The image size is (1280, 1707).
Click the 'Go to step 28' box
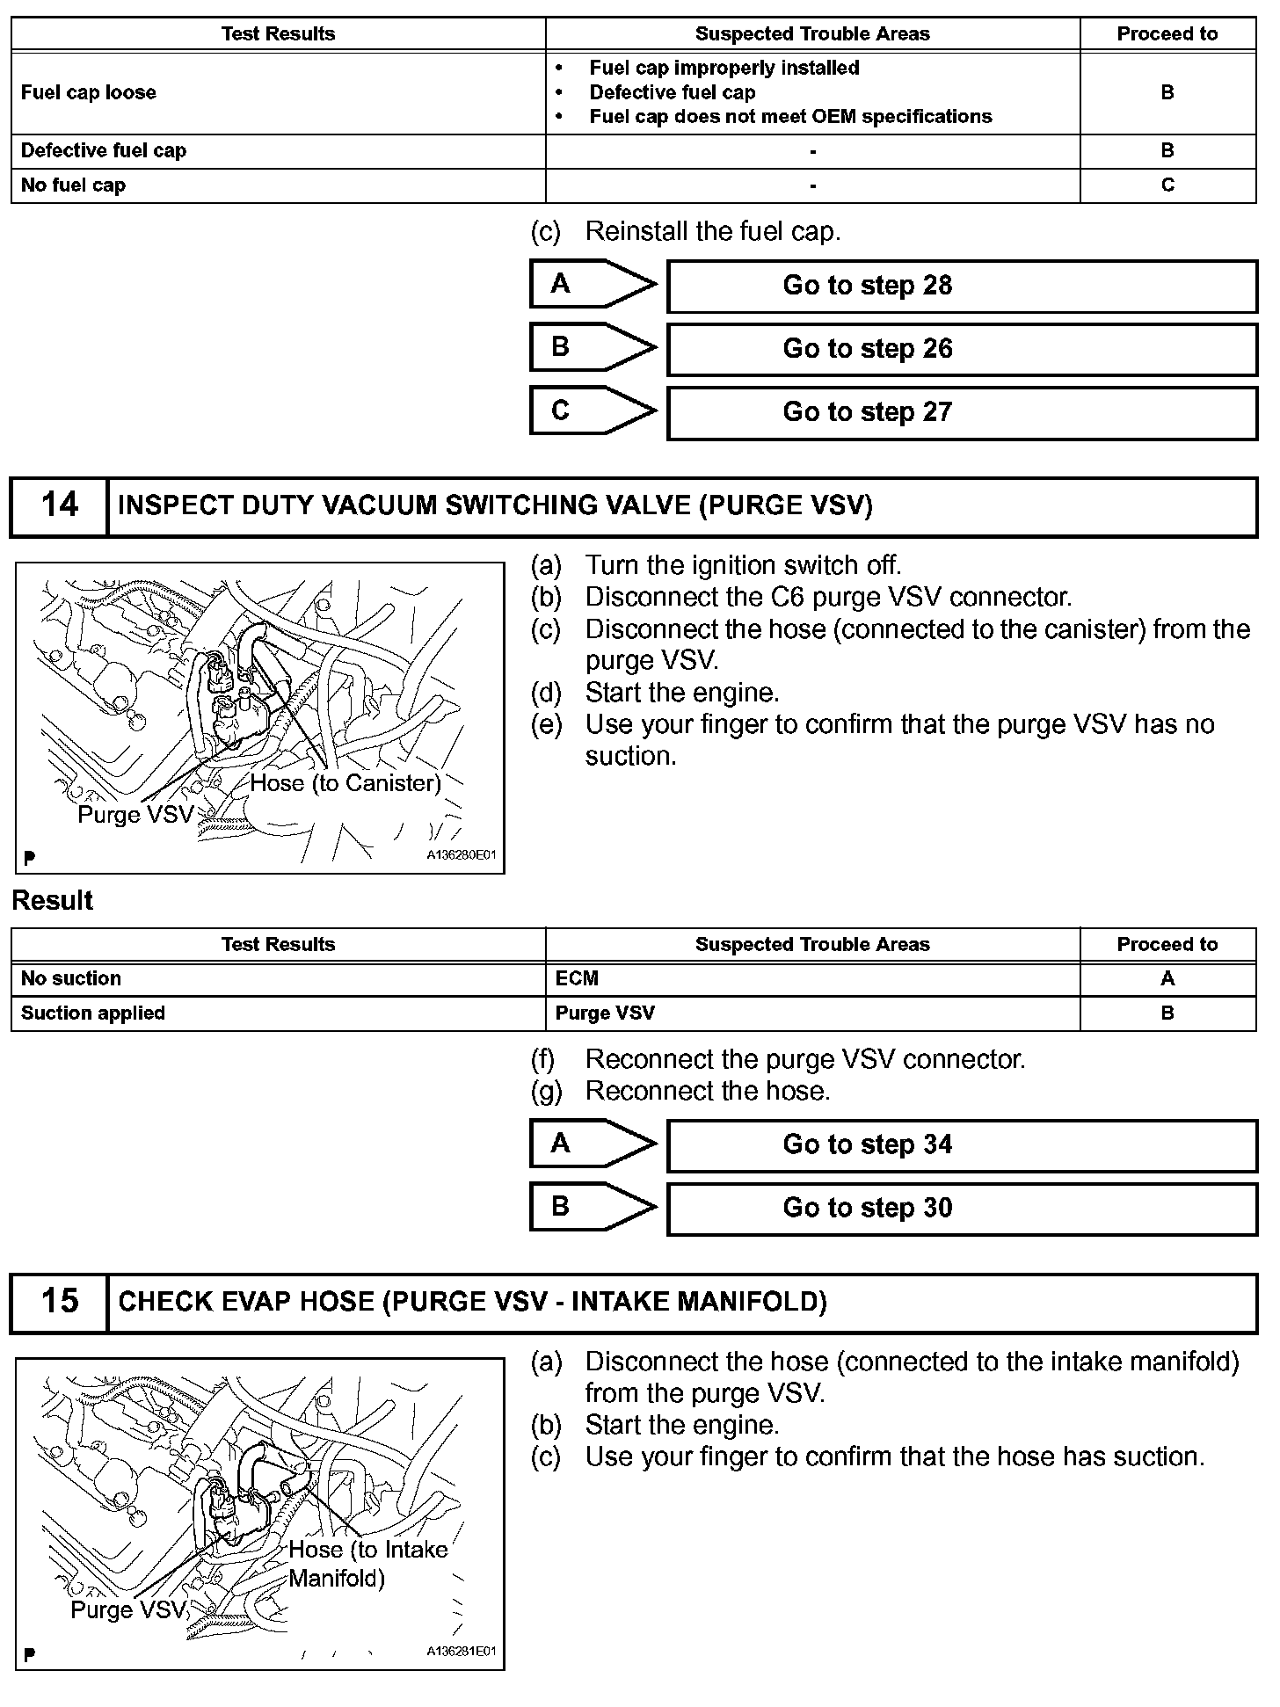(x=962, y=286)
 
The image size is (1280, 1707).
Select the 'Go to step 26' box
(x=962, y=349)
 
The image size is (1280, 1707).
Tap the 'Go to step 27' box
(x=962, y=412)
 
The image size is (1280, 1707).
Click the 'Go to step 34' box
(x=962, y=1144)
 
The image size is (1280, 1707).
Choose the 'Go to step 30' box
(x=962, y=1208)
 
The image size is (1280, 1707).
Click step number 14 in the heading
(x=59, y=505)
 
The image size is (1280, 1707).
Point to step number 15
(x=59, y=1302)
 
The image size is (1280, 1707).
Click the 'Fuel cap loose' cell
(x=89, y=93)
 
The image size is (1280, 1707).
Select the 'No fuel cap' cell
(x=73, y=185)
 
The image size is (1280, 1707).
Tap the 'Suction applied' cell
(x=93, y=1013)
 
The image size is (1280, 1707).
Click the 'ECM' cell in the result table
(x=578, y=979)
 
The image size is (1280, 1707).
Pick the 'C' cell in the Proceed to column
(x=1167, y=185)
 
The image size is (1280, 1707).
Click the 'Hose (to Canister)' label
(x=345, y=783)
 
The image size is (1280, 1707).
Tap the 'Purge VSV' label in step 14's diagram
(x=135, y=815)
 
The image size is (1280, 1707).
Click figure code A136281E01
(x=462, y=1652)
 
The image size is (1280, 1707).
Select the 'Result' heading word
(x=53, y=901)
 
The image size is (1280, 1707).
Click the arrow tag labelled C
(x=591, y=411)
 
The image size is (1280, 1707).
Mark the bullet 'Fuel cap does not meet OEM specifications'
(x=790, y=117)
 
